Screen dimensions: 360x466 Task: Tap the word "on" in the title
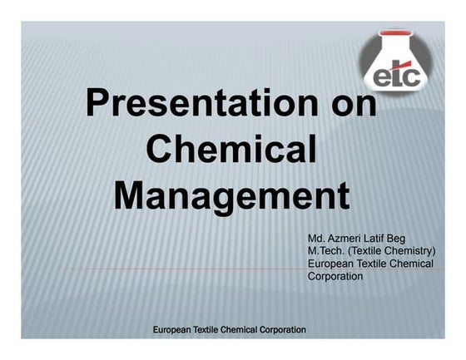point(349,106)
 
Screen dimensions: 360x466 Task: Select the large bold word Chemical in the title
point(231,150)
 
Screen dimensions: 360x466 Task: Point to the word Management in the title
point(231,197)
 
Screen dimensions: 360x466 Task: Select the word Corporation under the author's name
point(335,276)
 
